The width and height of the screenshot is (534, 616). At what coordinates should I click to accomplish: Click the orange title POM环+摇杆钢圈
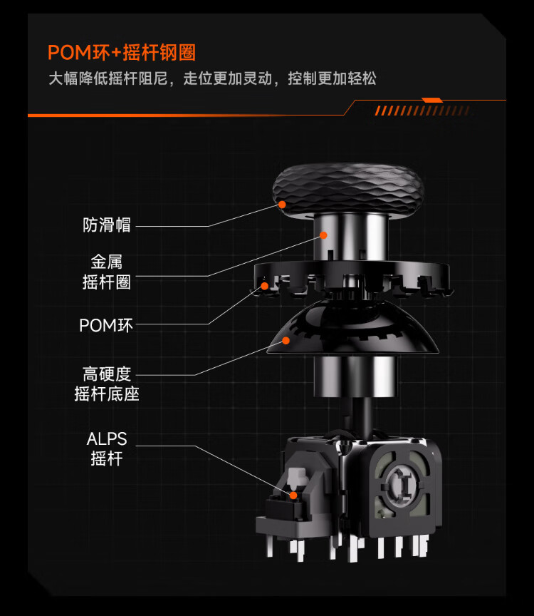(x=122, y=52)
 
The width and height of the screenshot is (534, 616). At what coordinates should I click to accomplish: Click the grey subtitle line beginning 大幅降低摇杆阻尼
(x=212, y=78)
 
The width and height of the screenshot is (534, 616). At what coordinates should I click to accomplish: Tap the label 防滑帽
(x=107, y=225)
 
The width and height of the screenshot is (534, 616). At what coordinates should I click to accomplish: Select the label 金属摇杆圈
(x=107, y=272)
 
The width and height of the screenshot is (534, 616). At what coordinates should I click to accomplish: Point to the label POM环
(x=106, y=325)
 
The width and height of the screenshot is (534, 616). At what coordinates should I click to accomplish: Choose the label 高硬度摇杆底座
(x=107, y=384)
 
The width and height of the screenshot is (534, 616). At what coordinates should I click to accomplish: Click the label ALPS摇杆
(x=107, y=448)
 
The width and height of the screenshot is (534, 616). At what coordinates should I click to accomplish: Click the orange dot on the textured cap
(x=282, y=205)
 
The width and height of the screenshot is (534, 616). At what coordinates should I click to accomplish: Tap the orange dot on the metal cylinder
(x=323, y=235)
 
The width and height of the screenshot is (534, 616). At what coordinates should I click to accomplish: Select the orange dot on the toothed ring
(x=265, y=286)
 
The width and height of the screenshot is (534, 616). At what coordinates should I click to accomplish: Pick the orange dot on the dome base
(x=286, y=340)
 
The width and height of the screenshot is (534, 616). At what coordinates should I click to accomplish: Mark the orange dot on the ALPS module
(x=293, y=496)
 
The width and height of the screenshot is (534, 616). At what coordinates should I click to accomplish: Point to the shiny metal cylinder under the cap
(x=350, y=237)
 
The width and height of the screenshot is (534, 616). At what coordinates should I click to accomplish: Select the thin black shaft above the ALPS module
(x=362, y=417)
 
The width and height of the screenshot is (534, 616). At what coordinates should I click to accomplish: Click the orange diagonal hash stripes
(x=422, y=111)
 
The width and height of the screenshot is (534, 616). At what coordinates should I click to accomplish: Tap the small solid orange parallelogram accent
(x=432, y=101)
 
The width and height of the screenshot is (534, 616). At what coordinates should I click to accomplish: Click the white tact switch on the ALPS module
(x=296, y=477)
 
